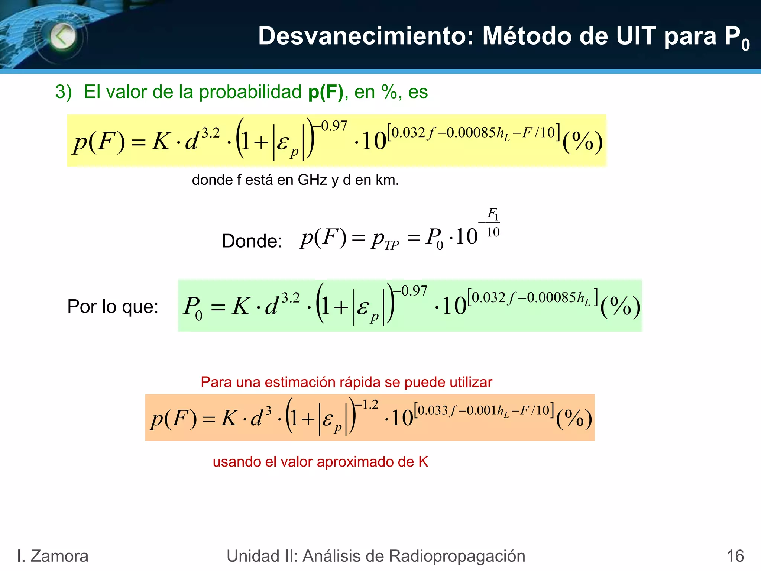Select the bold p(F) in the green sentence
tap(326, 92)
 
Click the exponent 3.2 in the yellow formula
tap(211, 133)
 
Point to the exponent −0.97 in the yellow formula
tap(330, 126)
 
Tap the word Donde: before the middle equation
tap(252, 241)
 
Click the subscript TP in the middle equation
tap(391, 245)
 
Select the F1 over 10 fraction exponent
tap(493, 223)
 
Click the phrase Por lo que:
tap(113, 307)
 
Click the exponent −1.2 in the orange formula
tap(366, 404)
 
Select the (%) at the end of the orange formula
tap(574, 419)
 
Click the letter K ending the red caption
tap(423, 462)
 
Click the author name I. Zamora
tap(53, 556)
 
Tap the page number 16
tap(735, 556)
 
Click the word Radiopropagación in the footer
tap(457, 556)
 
